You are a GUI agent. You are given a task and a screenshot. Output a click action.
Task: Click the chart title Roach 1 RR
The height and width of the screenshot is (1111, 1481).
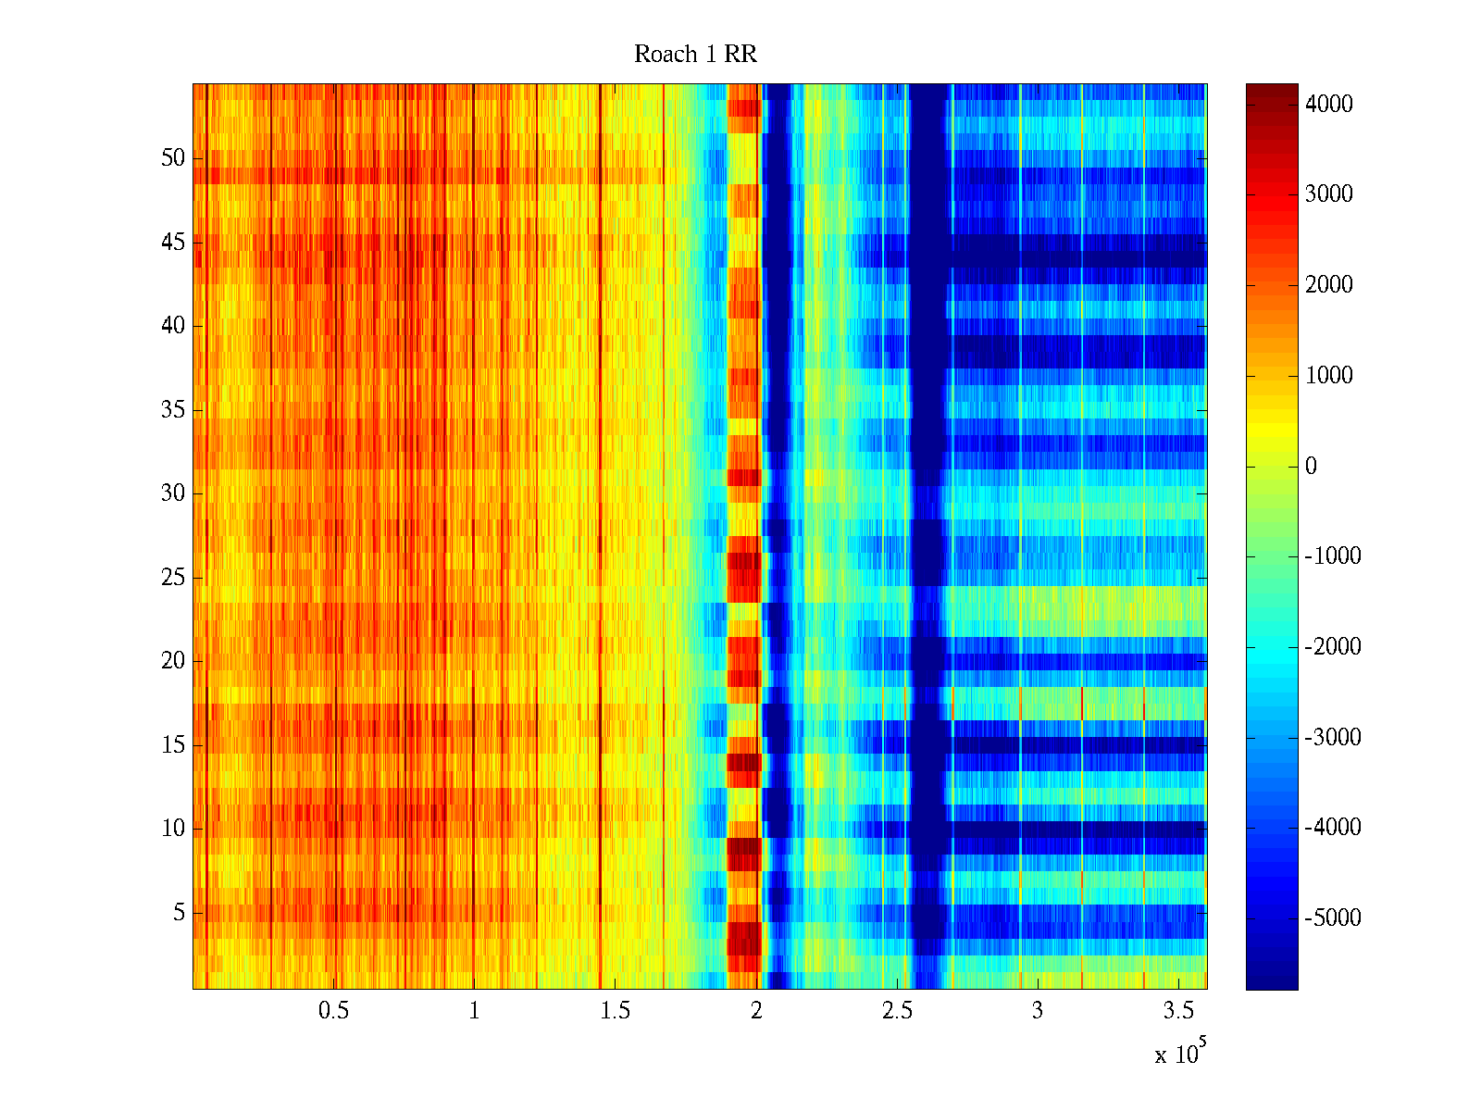(x=695, y=55)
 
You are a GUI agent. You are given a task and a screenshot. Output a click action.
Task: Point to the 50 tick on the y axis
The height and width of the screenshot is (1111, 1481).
(x=173, y=158)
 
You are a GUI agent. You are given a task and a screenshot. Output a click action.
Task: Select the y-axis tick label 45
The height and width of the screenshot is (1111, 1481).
(x=173, y=243)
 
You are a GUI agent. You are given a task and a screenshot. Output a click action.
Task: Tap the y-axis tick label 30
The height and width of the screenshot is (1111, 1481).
(x=173, y=493)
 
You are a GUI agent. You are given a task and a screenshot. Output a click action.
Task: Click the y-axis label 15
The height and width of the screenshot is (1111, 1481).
(x=173, y=745)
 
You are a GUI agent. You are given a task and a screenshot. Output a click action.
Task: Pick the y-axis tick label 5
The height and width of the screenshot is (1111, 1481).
(x=179, y=913)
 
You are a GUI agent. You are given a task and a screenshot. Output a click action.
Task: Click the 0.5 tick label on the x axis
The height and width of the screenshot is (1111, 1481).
(x=333, y=1011)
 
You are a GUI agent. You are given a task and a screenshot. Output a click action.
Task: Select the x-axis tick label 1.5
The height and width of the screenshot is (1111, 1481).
(x=616, y=1011)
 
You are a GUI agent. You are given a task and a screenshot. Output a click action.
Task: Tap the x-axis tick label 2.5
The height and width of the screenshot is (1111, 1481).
(x=897, y=1011)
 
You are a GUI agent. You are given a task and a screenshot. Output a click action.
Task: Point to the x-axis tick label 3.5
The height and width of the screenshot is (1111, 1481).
(x=1178, y=1011)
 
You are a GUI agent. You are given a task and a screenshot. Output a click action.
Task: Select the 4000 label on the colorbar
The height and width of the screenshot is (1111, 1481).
(x=1328, y=105)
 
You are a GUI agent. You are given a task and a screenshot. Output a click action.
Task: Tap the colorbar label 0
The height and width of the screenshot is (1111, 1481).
(x=1311, y=467)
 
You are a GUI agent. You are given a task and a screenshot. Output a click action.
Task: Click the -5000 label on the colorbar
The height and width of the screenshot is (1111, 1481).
(x=1333, y=918)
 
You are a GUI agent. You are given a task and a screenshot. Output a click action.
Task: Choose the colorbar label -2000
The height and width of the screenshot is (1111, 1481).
(x=1333, y=647)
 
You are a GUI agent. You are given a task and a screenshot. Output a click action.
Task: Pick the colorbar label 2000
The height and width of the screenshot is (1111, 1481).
(x=1328, y=285)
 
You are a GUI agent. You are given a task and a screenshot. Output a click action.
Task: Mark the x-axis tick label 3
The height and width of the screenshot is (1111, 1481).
(x=1038, y=1011)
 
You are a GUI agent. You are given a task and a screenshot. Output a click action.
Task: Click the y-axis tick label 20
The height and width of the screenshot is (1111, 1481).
(x=173, y=661)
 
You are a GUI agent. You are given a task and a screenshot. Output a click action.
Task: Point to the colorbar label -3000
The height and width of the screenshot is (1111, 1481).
(x=1333, y=738)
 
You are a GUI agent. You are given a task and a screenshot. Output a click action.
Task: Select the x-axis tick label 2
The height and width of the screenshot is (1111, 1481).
(x=756, y=1011)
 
